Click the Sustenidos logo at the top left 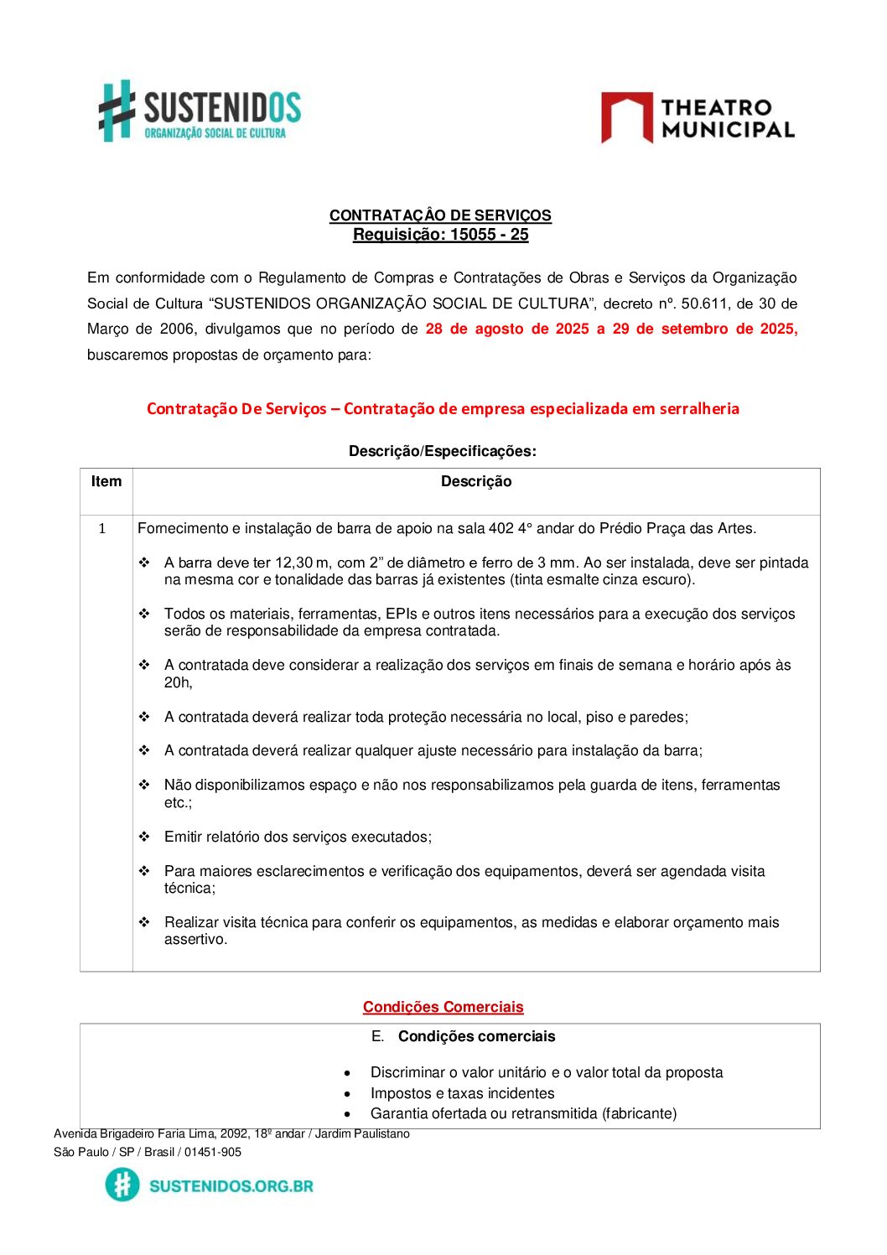[x=200, y=111]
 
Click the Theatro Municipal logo [x=698, y=118]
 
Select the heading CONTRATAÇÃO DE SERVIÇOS [x=440, y=215]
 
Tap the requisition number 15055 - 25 [x=490, y=235]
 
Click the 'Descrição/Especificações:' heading [x=443, y=451]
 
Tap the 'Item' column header [x=106, y=481]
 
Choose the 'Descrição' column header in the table [x=476, y=481]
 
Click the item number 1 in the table [x=102, y=528]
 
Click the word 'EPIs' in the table [x=402, y=614]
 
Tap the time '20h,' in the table [x=179, y=682]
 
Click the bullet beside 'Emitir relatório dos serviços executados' [x=144, y=837]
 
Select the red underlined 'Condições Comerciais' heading [x=443, y=1007]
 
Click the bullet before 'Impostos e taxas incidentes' [x=347, y=1093]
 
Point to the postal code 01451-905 [x=213, y=1152]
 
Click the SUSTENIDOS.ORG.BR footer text [x=231, y=1185]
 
